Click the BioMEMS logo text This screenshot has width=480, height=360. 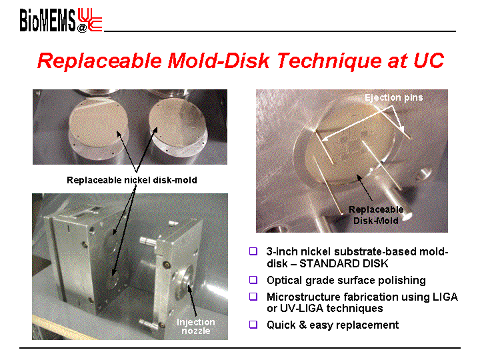47,20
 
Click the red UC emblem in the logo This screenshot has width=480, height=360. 90,19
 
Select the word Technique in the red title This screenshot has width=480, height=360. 329,61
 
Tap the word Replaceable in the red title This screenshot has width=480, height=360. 99,61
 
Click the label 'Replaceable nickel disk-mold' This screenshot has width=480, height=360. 131,180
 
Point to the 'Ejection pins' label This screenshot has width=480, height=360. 394,97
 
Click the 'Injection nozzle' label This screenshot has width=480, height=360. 196,326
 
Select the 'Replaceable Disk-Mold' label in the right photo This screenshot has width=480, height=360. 376,215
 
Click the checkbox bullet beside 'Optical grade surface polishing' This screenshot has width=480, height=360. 253,280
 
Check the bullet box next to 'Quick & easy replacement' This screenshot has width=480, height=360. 253,325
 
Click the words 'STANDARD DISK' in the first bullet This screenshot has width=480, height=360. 344,263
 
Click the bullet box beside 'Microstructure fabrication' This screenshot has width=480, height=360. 253,297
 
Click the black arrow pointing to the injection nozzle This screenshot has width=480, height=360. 192,300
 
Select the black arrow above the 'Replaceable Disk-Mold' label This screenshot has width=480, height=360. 364,187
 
